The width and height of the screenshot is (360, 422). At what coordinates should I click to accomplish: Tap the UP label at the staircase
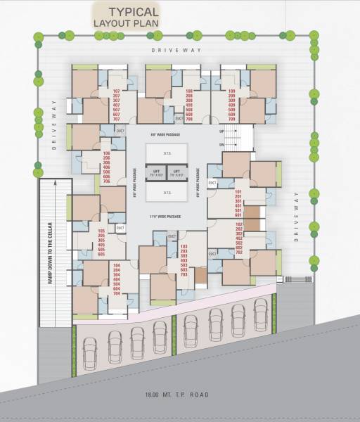(221, 132)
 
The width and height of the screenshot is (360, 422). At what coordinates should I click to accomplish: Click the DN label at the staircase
(221, 144)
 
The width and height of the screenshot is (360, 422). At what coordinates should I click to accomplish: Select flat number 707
(117, 120)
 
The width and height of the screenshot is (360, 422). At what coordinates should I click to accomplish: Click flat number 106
(107, 153)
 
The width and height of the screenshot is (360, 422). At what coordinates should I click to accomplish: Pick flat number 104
(117, 264)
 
